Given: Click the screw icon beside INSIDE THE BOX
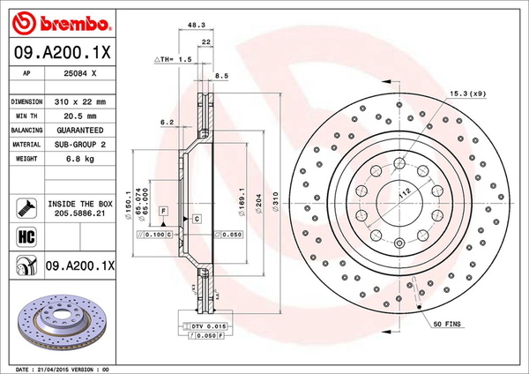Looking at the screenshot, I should (x=25, y=208).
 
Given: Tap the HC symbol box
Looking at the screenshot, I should (x=25, y=236).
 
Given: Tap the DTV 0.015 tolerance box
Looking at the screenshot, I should (x=207, y=326).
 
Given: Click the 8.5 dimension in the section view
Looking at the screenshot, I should (x=222, y=77).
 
